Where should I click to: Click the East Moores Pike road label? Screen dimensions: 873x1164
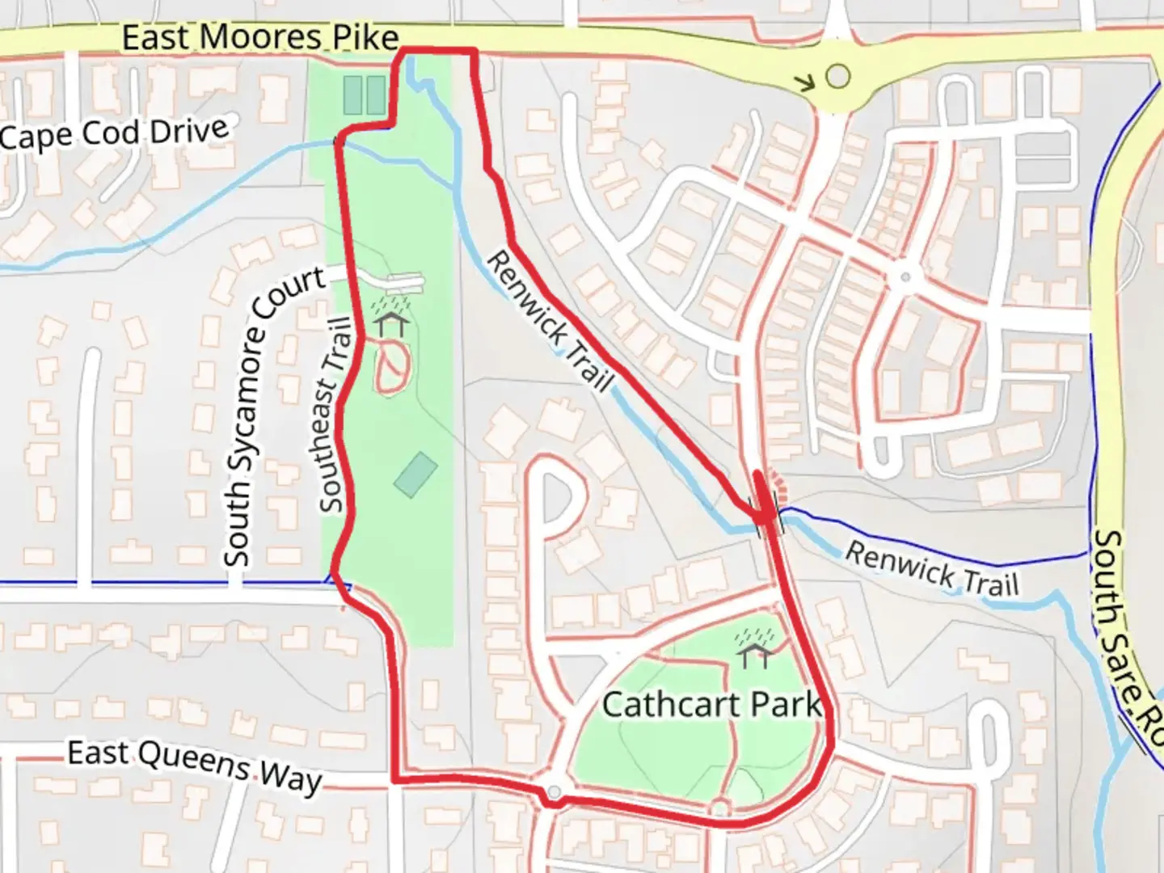pyautogui.click(x=260, y=38)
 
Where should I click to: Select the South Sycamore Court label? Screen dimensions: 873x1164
pyautogui.click(x=274, y=417)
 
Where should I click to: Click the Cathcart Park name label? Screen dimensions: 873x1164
pyautogui.click(x=711, y=704)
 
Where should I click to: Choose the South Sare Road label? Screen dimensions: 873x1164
pyautogui.click(x=1127, y=639)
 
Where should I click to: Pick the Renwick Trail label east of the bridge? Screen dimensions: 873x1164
pyautogui.click(x=931, y=568)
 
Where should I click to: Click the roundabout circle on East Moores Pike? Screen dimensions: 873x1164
pyautogui.click(x=838, y=77)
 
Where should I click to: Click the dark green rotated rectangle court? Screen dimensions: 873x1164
pyautogui.click(x=415, y=474)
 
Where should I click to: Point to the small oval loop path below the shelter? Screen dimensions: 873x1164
pyautogui.click(x=393, y=368)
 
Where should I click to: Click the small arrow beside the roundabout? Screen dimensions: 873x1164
pyautogui.click(x=804, y=82)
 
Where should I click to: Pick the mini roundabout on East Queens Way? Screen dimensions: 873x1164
pyautogui.click(x=554, y=792)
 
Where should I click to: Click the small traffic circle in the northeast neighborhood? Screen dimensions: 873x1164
pyautogui.click(x=905, y=277)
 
